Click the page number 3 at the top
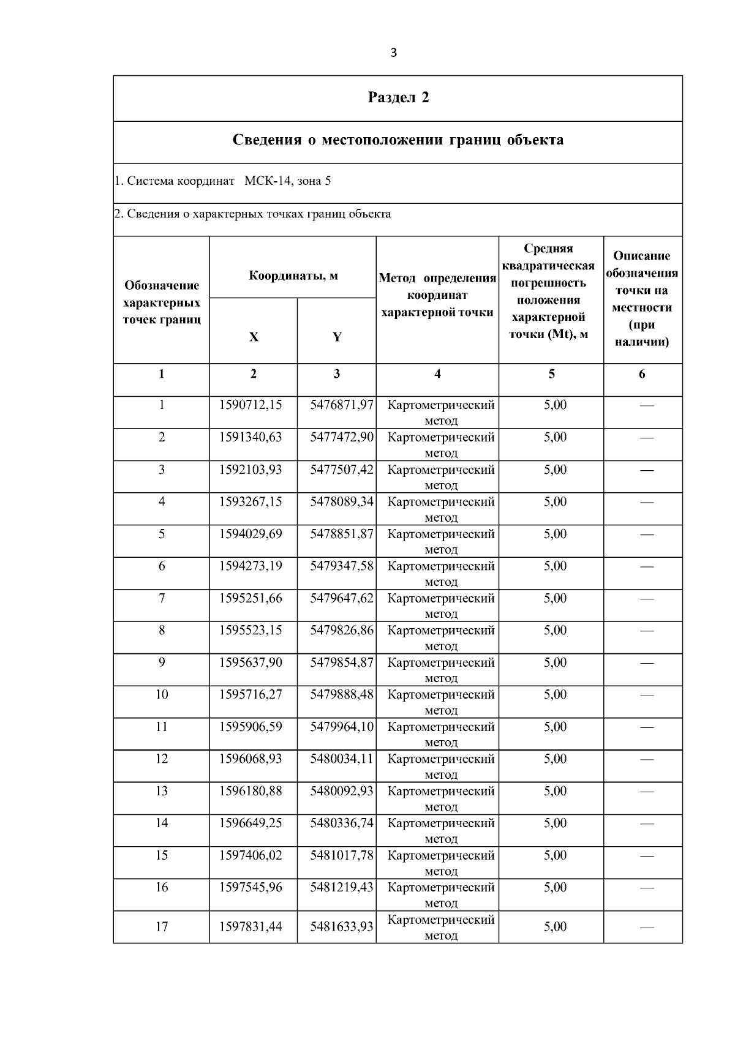[x=393, y=53]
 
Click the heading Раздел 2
[x=398, y=97]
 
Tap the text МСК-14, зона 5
[x=288, y=181]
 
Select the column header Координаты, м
[x=293, y=276]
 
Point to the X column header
[x=254, y=337]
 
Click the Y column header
[x=337, y=337]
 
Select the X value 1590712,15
[x=251, y=405]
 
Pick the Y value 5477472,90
[x=341, y=437]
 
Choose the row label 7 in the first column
[x=162, y=598]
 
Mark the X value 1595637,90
[x=251, y=662]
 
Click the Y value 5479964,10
[x=341, y=727]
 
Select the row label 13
[x=162, y=791]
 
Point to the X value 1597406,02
[x=251, y=855]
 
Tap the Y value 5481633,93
[x=341, y=927]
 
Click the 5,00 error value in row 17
[x=555, y=927]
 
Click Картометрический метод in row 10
[x=441, y=702]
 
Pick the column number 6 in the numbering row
[x=642, y=374]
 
